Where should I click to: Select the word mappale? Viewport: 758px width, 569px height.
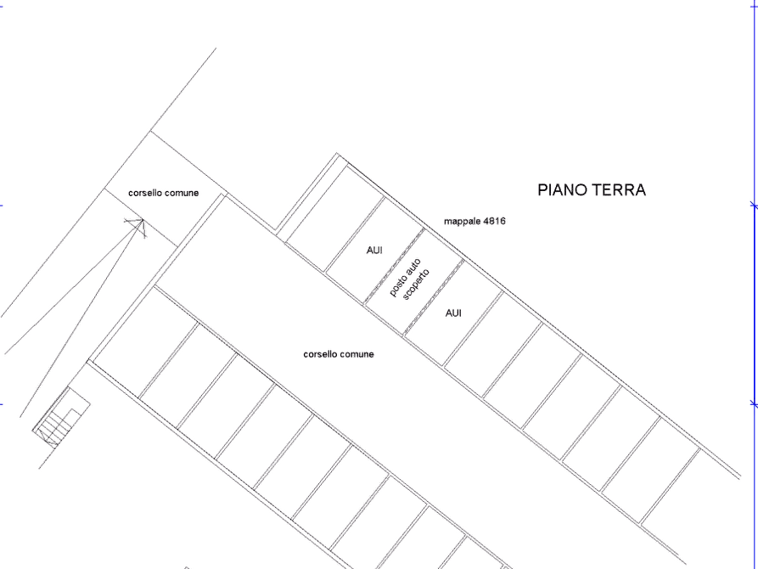pyautogui.click(x=462, y=222)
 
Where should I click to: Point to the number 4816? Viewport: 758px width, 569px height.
pyautogui.click(x=494, y=221)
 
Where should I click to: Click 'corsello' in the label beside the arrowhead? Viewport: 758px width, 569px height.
pyautogui.click(x=145, y=193)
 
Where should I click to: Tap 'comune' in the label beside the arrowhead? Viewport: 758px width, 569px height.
pyautogui.click(x=182, y=193)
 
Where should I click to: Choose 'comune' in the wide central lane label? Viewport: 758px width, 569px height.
pyautogui.click(x=357, y=354)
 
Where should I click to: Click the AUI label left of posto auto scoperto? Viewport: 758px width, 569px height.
pyautogui.click(x=374, y=251)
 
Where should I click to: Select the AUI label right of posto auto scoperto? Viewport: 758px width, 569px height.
pyautogui.click(x=453, y=313)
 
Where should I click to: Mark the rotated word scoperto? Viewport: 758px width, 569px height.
pyautogui.click(x=416, y=284)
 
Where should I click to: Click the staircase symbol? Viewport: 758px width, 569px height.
pyautogui.click(x=61, y=417)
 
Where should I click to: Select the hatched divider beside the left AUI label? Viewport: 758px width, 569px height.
pyautogui.click(x=395, y=266)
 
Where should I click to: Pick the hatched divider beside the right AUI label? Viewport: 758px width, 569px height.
pyautogui.click(x=434, y=297)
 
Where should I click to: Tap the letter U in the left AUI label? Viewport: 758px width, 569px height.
pyautogui.click(x=375, y=251)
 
